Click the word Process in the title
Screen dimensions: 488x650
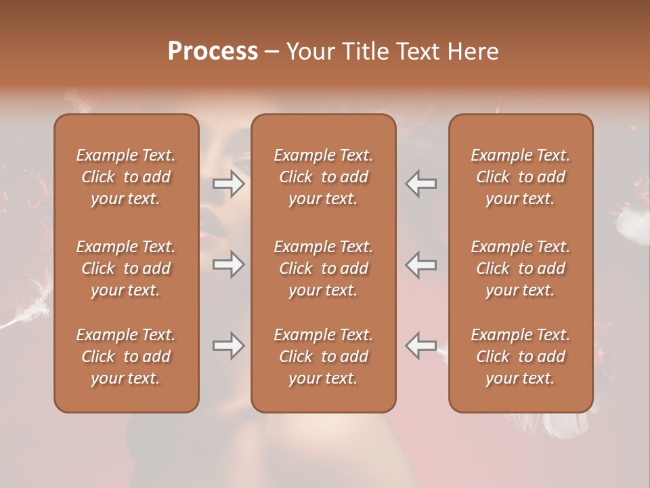213,51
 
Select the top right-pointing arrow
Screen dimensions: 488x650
229,184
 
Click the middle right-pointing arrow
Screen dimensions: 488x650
229,264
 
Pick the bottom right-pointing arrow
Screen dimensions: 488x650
229,346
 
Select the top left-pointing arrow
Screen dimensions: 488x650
420,184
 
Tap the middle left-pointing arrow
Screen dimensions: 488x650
420,264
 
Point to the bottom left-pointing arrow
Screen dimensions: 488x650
420,346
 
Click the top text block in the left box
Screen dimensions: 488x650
126,177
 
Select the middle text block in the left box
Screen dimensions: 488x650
126,268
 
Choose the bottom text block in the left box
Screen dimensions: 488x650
126,357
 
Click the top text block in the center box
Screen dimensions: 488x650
323,177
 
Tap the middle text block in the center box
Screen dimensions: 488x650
323,268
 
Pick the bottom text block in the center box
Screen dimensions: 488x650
323,357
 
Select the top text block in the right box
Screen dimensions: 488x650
520,177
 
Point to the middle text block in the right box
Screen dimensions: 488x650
520,268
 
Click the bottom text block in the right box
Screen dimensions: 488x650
520,357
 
